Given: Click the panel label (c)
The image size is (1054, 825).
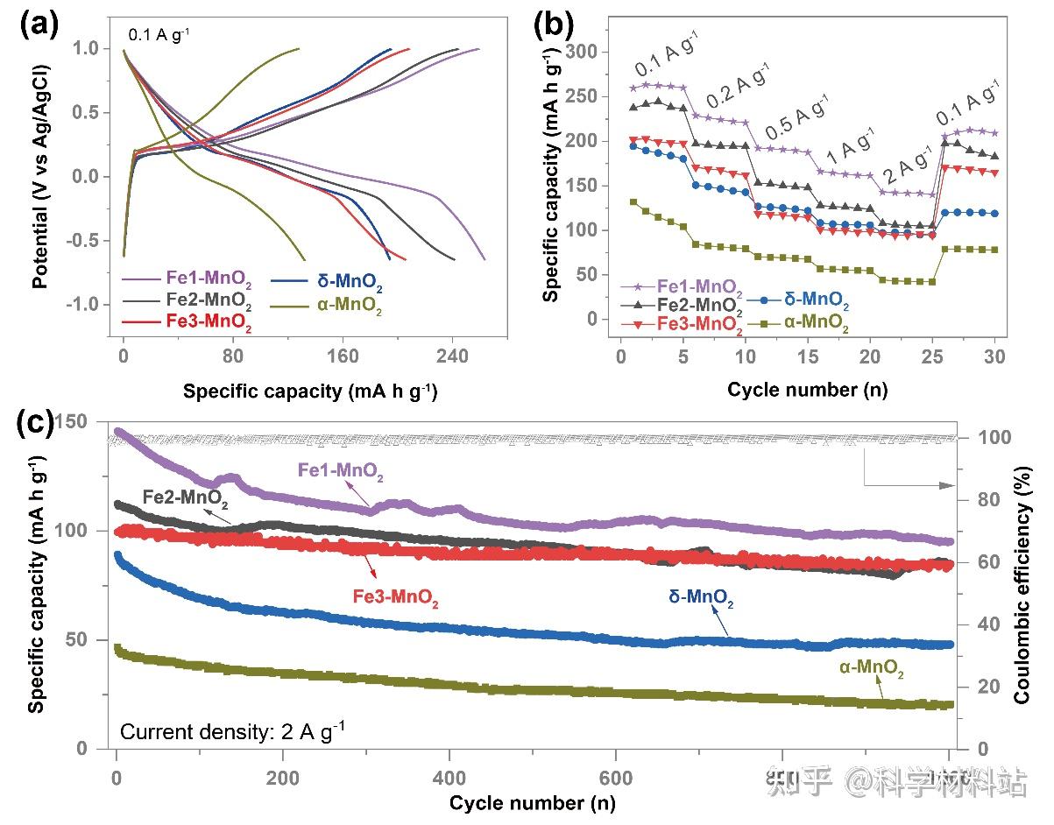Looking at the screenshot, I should (x=39, y=423).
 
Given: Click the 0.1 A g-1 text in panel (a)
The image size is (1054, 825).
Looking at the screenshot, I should (x=160, y=36).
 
